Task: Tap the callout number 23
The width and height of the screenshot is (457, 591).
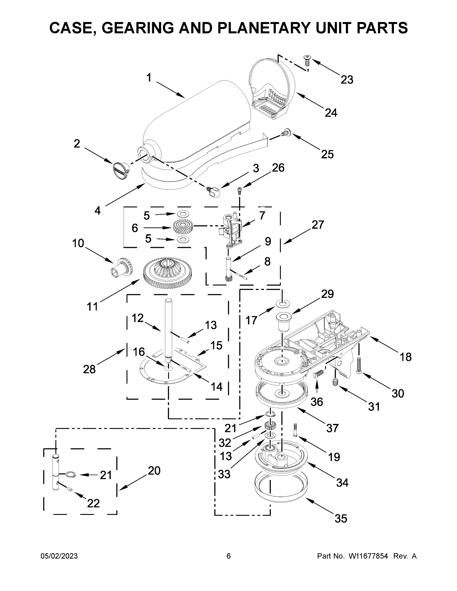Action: [347, 80]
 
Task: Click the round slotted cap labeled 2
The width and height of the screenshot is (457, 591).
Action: [120, 170]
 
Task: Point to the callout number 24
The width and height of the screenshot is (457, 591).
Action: [331, 113]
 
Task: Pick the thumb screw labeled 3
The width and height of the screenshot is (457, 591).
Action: [215, 192]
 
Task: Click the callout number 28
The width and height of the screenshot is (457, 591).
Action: [89, 369]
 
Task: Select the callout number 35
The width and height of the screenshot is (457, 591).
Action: [340, 518]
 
